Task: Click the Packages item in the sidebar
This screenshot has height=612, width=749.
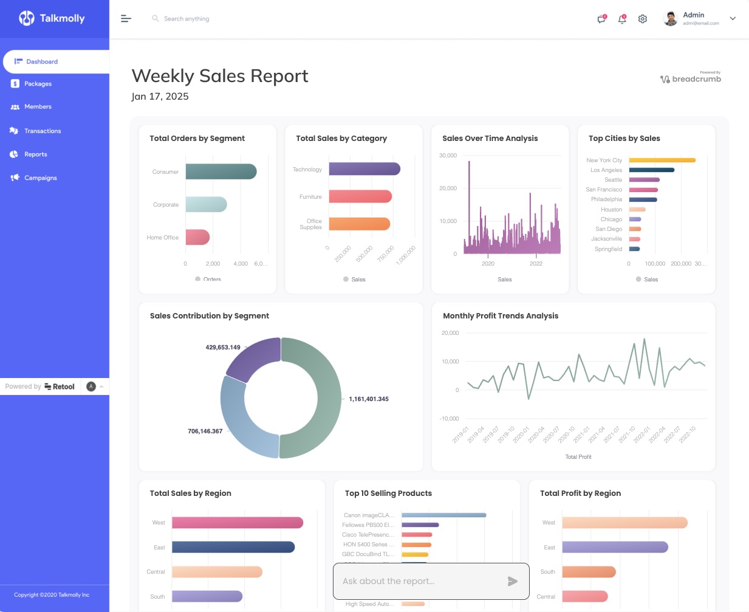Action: coord(38,84)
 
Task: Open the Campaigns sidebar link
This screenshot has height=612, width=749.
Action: coord(40,178)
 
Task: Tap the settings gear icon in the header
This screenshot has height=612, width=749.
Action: coord(642,19)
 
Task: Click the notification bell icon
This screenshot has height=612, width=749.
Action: coord(622,19)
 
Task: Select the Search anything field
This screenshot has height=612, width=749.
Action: coord(186,19)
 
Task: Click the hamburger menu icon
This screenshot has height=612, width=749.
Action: coord(126,19)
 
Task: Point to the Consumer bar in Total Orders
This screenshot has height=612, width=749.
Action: coord(221,171)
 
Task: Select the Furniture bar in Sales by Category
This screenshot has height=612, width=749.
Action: coord(360,196)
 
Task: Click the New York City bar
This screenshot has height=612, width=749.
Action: coord(662,160)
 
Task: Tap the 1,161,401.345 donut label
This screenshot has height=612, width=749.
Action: coord(368,399)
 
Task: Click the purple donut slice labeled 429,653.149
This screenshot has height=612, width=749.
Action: coord(251,359)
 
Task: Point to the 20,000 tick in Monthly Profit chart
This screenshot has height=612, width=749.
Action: coord(450,333)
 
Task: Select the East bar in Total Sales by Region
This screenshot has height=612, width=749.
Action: coord(233,547)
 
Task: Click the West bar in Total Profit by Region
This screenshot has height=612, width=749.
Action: coord(624,523)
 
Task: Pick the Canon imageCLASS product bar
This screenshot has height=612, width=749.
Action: coord(443,515)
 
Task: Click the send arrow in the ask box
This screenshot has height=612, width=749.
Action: coord(512,582)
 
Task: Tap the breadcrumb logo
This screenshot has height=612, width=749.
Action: coord(691,78)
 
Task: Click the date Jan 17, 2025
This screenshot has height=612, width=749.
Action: coord(160,97)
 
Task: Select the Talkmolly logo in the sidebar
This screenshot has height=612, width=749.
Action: coord(52,18)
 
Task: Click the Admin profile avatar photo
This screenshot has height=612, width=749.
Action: coord(671,19)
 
